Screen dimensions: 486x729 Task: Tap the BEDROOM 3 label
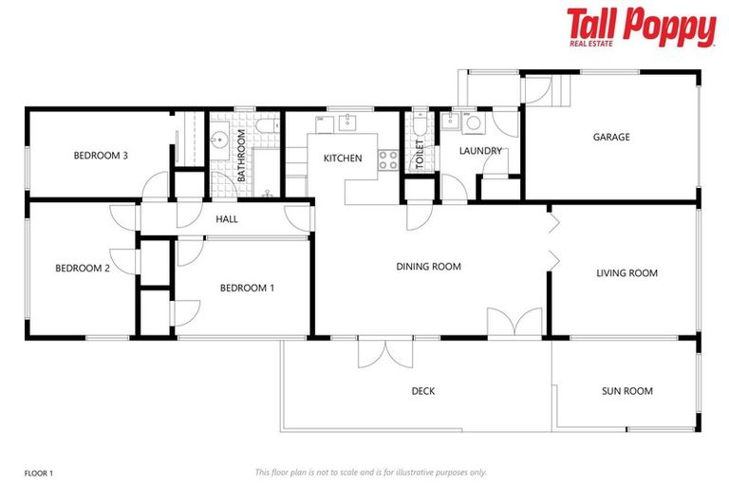tap(101, 156)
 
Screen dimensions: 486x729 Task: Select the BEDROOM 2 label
tap(82, 269)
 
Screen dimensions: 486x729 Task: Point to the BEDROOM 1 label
tap(247, 288)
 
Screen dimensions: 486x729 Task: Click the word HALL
tap(226, 219)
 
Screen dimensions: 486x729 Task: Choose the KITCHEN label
tap(342, 158)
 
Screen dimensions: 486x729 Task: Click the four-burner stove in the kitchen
tap(387, 160)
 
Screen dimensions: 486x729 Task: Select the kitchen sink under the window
tap(347, 121)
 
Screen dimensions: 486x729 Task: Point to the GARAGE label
tap(611, 137)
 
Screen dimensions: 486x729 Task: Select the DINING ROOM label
tap(428, 267)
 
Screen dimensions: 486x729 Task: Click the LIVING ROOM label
tap(626, 273)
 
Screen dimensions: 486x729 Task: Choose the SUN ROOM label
tap(626, 390)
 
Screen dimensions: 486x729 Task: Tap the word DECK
tap(422, 390)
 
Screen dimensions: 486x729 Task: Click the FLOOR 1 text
tap(39, 472)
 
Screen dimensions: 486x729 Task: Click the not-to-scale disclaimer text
tap(370, 472)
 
